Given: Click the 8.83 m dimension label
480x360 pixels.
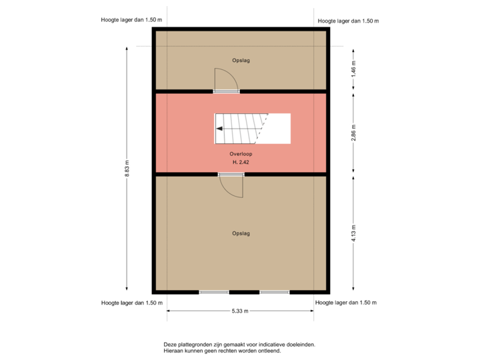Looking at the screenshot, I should [x=127, y=168].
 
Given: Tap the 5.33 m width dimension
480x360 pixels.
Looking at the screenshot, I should [x=240, y=311].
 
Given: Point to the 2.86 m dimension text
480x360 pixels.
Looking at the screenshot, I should [x=353, y=133].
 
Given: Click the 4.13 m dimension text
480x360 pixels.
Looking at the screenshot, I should [x=353, y=233].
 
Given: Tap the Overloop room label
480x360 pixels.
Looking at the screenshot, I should [x=240, y=153].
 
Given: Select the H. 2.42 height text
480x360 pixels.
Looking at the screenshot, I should [x=240, y=163].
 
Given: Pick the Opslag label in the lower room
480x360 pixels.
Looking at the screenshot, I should [x=240, y=233].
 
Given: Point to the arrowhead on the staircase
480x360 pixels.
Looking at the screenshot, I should [x=219, y=129].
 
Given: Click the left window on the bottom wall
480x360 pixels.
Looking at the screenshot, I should [x=213, y=292].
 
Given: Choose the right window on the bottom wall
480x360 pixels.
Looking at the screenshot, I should [x=274, y=292].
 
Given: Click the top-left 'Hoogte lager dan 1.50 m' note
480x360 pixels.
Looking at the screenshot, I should [x=131, y=21].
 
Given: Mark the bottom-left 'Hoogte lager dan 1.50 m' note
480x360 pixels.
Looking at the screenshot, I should [x=132, y=302].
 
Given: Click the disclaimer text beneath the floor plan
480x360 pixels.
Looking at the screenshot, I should [x=239, y=347].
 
